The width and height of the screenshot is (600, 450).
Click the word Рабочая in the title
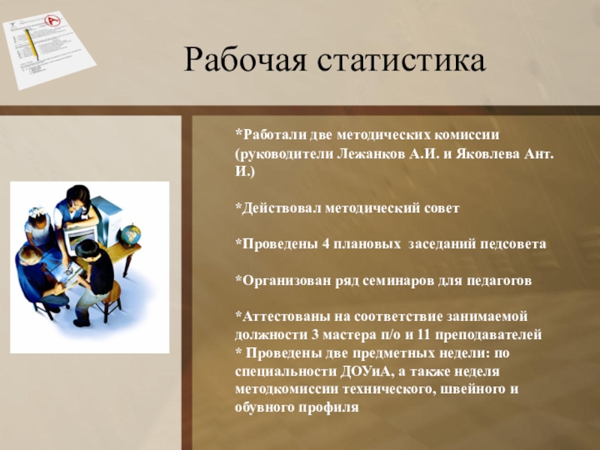245,61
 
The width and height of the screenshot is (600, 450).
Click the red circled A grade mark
52,20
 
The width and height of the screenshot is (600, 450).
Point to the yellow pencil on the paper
32,44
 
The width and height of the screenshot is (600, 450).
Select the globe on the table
130,233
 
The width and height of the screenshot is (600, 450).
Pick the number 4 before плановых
325,244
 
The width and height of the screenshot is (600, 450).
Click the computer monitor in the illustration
80,238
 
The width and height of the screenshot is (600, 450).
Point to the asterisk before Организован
238,278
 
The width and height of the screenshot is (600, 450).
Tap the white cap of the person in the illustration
37,211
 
